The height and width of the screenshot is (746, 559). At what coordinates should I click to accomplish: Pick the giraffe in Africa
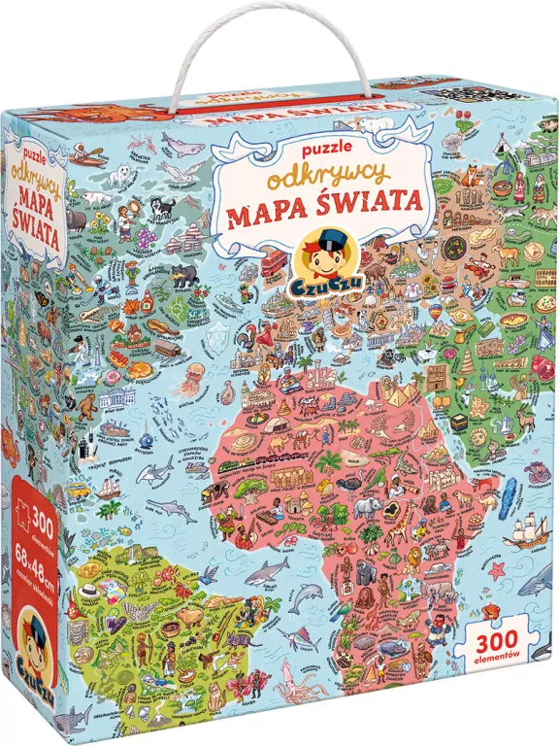pos(398,525)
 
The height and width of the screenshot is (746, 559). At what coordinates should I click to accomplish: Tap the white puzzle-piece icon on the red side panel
pos(16,506)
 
